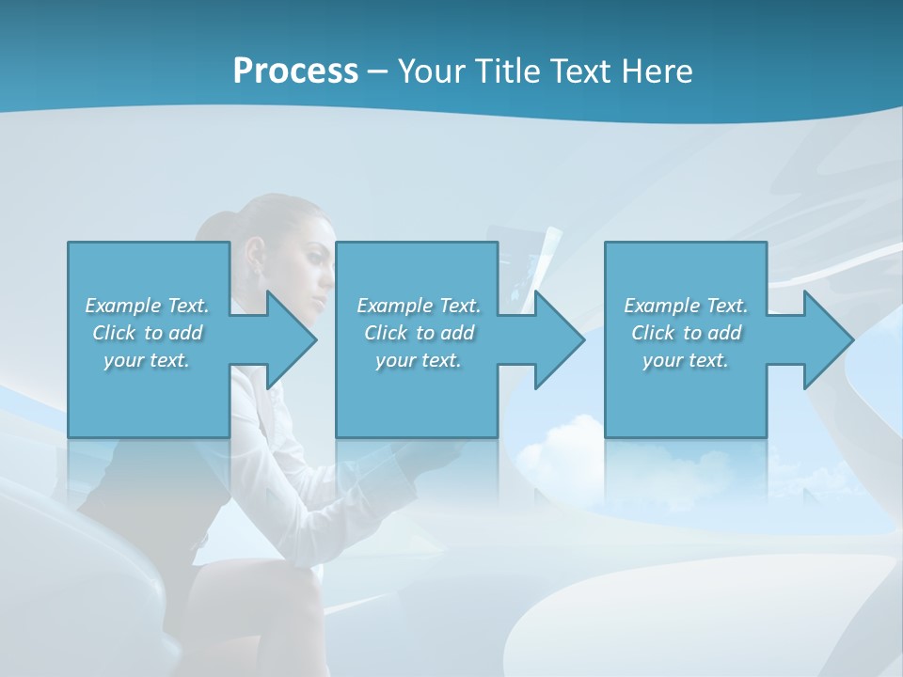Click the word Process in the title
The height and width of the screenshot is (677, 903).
(295, 71)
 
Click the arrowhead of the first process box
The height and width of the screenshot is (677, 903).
(292, 339)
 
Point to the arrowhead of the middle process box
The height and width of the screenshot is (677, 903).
(560, 339)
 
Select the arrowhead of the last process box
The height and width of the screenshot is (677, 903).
(828, 339)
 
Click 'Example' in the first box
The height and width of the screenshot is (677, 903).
(122, 306)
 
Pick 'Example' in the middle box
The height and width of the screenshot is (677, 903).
(394, 306)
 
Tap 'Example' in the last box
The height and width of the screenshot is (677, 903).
(661, 306)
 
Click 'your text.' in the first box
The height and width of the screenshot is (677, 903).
(147, 360)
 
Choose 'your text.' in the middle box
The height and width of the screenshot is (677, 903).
(419, 360)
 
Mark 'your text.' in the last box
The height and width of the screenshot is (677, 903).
(686, 360)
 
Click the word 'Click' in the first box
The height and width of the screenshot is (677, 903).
(115, 333)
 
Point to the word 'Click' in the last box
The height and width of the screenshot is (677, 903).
(654, 333)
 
